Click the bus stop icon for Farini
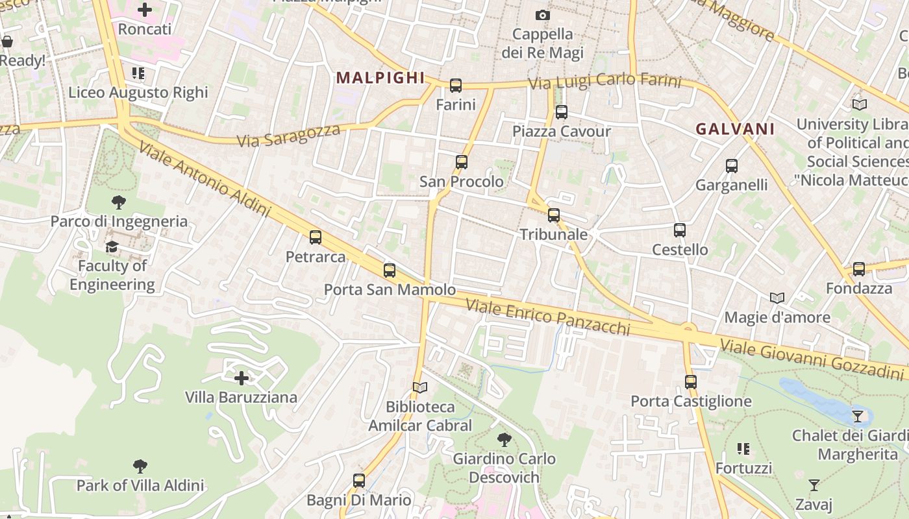pos(456,85)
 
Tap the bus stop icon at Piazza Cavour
pos(562,112)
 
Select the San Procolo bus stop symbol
pos(462,162)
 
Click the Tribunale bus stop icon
pos(554,215)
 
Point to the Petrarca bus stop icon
pos(316,237)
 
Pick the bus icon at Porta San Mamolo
pos(390,271)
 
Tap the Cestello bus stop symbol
pos(680,230)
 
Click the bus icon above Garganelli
pos(732,166)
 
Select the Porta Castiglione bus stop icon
pos(691,382)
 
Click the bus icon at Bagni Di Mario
pos(359,481)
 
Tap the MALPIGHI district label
pos(380,78)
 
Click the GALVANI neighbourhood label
pos(735,129)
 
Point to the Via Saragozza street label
pos(288,136)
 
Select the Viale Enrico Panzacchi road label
pos(548,316)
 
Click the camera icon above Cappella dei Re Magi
pos(543,15)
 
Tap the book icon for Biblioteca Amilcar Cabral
pos(420,387)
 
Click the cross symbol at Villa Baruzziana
pos(242,378)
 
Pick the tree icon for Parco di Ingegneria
pos(119,202)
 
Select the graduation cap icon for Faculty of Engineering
pos(112,247)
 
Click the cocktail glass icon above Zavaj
pos(814,485)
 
